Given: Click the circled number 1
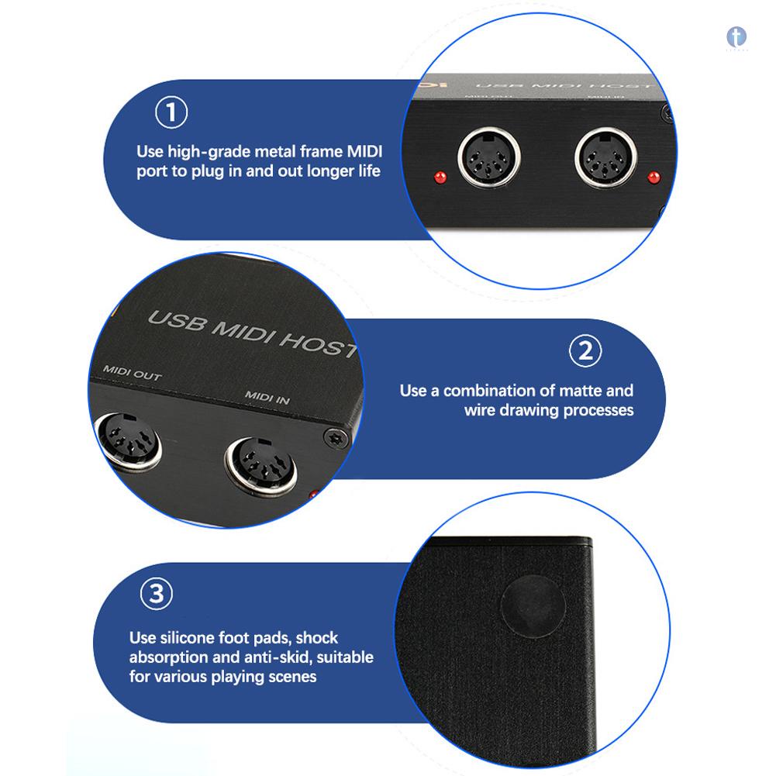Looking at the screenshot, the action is click(x=171, y=112).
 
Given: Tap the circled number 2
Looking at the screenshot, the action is click(x=585, y=351).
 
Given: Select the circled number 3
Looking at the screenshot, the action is click(x=157, y=593).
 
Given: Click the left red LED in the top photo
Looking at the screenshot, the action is click(x=440, y=177).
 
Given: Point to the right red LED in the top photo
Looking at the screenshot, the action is click(x=654, y=177).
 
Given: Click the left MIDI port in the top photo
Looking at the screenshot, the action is click(x=489, y=157).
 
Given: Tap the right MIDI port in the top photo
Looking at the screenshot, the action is click(x=605, y=158).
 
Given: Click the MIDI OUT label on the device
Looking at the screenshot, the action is click(x=132, y=373).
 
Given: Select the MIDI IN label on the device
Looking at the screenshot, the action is click(x=267, y=397).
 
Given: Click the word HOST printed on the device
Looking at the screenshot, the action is click(x=319, y=343).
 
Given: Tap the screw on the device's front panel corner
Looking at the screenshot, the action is click(x=337, y=438).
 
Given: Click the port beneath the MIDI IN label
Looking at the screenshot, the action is click(x=260, y=466).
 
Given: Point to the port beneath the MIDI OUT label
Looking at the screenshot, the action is click(x=128, y=442).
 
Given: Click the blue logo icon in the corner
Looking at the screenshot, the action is click(x=736, y=37).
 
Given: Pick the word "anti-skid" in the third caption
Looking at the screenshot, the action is click(x=275, y=657).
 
